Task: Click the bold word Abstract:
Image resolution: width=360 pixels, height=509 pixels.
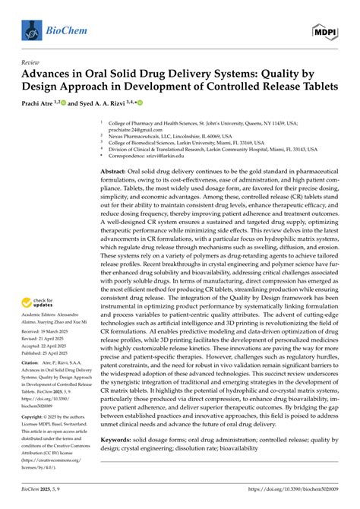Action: click(115, 173)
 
